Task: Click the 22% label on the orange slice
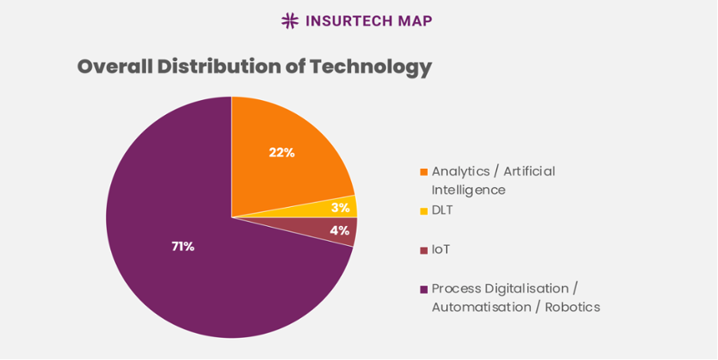281,152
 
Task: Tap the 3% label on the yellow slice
340,207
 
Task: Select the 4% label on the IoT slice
339,231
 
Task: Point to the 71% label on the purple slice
182,247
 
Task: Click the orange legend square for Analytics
424,172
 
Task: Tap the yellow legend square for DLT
424,211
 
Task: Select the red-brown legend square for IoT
424,250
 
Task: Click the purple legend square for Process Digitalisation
424,289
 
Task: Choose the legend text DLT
444,210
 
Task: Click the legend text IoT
441,249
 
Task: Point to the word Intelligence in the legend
468,190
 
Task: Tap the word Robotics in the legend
572,307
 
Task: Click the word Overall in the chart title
114,67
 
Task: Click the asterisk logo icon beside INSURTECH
290,21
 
